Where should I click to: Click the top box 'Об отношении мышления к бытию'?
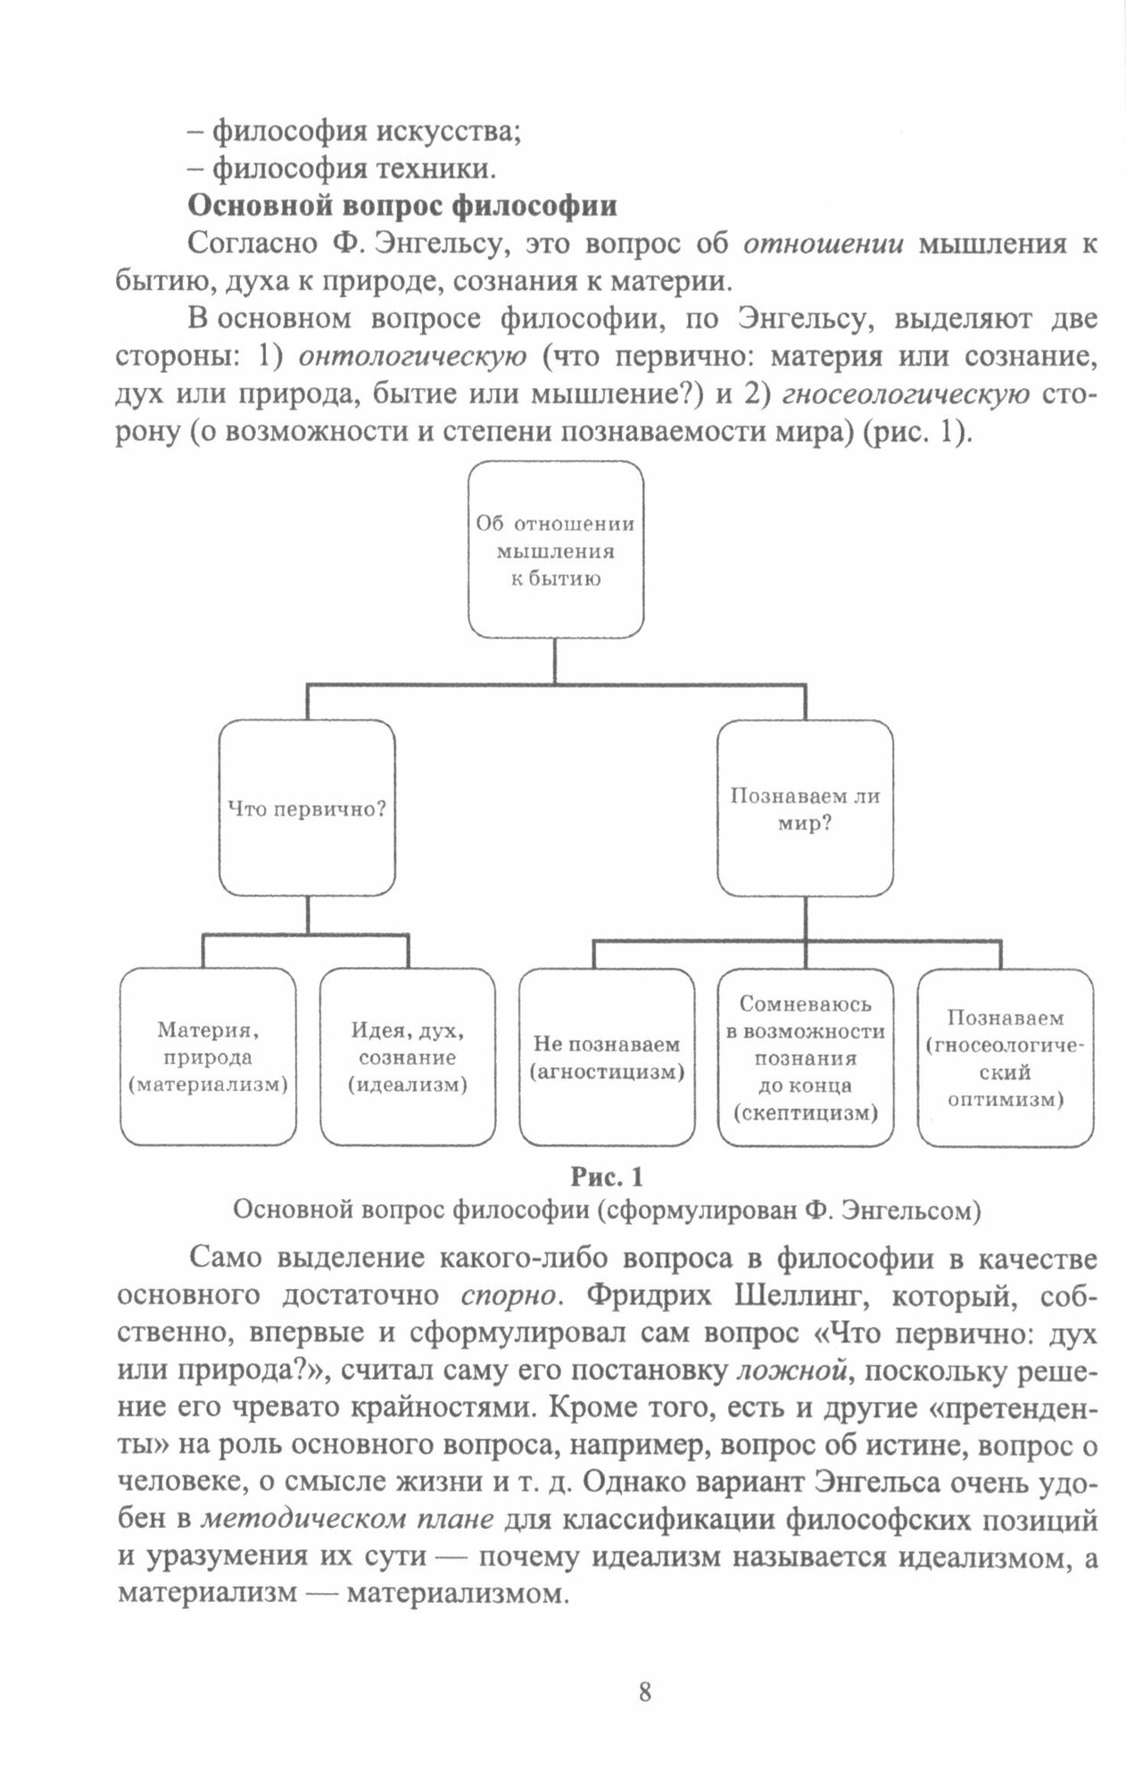pos(556,550)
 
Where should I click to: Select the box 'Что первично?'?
pos(307,808)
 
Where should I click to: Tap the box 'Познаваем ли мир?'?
pos(805,808)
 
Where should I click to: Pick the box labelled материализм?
pos(208,1057)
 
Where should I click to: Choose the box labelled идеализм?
pos(408,1057)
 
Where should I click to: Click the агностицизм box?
pos(607,1057)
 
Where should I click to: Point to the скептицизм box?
pos(805,1057)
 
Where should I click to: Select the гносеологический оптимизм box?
pos(1006,1057)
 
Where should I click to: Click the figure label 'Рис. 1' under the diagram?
pos(606,1177)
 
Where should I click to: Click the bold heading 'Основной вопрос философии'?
pos(402,206)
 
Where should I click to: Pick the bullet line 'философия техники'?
pos(342,168)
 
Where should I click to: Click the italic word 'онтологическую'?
pos(412,356)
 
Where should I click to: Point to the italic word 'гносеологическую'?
pos(911,393)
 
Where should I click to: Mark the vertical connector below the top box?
pos(556,661)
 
